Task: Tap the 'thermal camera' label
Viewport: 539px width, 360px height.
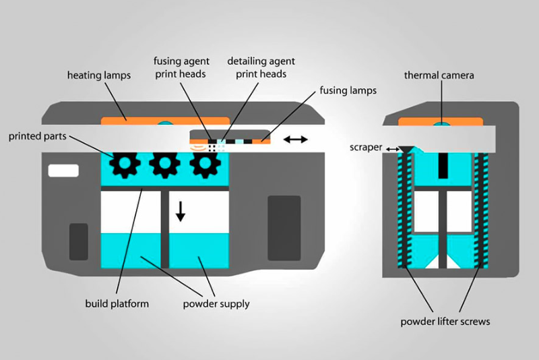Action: coord(439,75)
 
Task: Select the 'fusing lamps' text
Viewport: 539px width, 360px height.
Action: coord(349,90)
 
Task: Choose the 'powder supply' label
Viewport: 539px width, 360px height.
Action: coord(216,303)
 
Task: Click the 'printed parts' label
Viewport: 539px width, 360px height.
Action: coord(38,136)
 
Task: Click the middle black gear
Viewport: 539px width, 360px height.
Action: coord(164,164)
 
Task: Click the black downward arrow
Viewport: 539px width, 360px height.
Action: coord(180,210)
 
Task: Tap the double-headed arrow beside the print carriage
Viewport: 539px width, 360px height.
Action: coord(296,140)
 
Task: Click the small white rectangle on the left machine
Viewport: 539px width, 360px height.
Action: coord(64,171)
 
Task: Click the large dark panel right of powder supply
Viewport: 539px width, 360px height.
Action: coord(284,228)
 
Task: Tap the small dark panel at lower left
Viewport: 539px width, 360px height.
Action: coord(79,241)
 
